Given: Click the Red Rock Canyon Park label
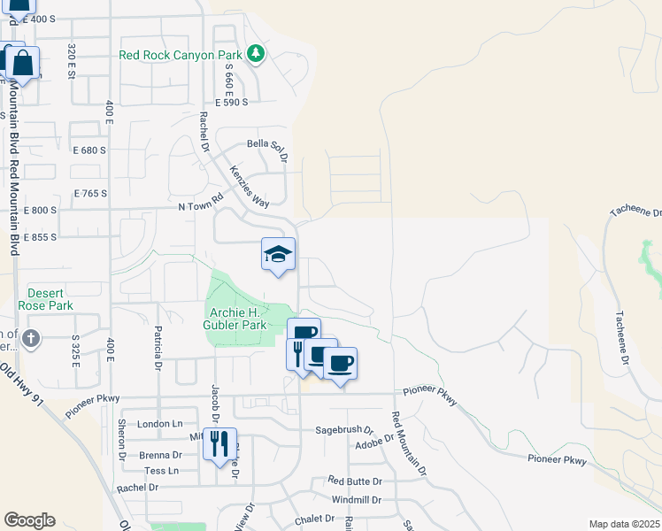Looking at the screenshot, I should point(180,55).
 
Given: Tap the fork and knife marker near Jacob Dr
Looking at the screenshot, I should point(219,442).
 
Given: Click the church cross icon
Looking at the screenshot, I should point(31,337).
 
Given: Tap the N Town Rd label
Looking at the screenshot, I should point(197,206).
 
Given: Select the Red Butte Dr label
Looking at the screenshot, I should point(354,481).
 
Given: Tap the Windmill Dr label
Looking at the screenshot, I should point(357,500).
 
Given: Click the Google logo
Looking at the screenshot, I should point(29,520).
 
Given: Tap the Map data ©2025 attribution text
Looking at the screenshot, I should point(624,524).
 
